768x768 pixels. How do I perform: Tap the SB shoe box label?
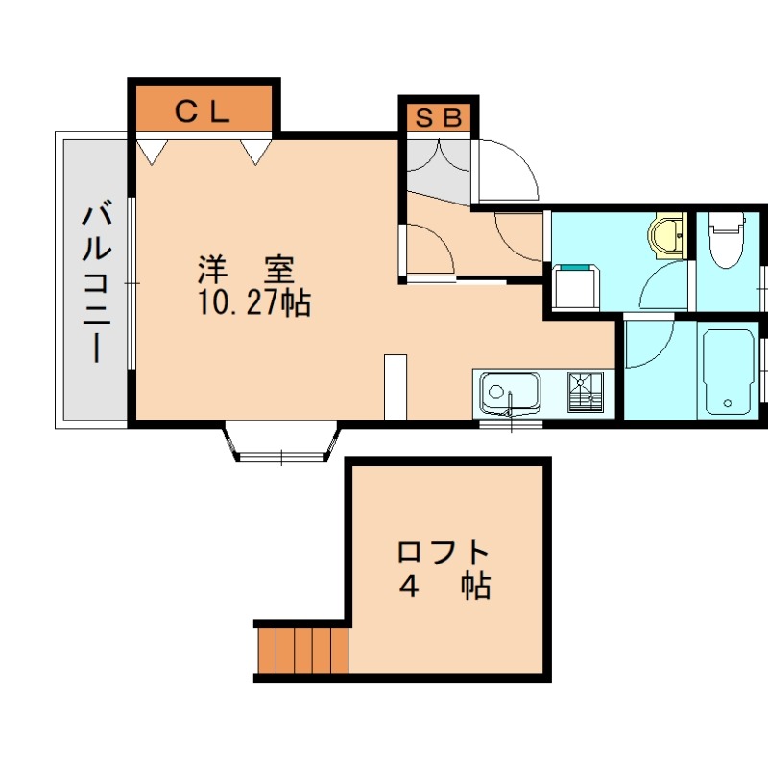437,118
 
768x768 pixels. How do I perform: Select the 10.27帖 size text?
253,302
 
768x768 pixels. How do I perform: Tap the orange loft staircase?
301,650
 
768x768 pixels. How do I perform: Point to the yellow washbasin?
665,235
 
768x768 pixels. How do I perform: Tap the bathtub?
728,371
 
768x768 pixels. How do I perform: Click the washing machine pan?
576,287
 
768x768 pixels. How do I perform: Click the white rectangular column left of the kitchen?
396,387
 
